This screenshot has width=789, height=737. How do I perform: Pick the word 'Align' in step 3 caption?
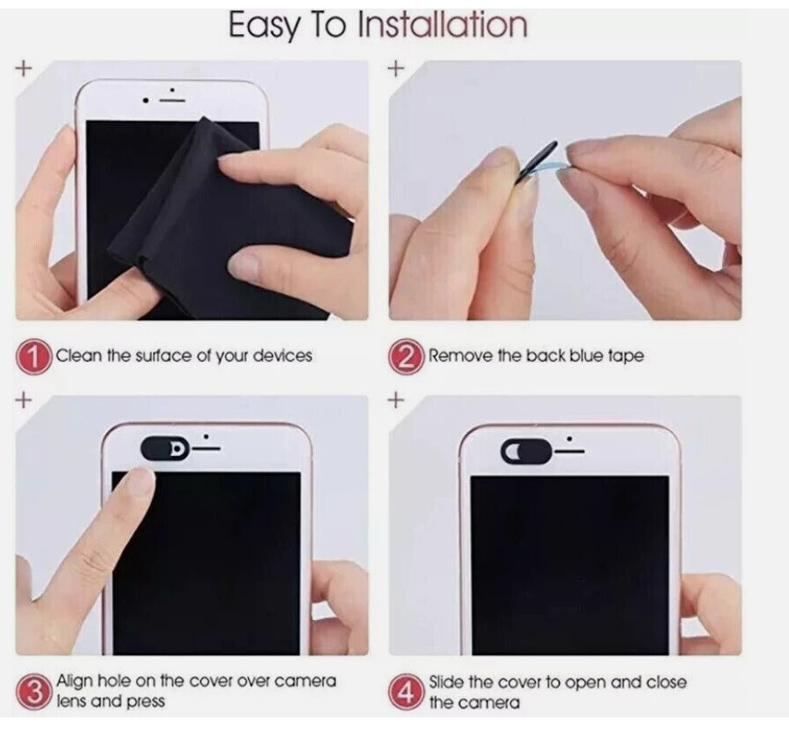tap(75, 681)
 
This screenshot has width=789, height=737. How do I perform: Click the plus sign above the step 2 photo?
tap(395, 69)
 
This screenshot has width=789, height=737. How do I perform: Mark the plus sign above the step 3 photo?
tap(23, 399)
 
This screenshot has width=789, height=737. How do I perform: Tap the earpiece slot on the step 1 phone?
tap(174, 100)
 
